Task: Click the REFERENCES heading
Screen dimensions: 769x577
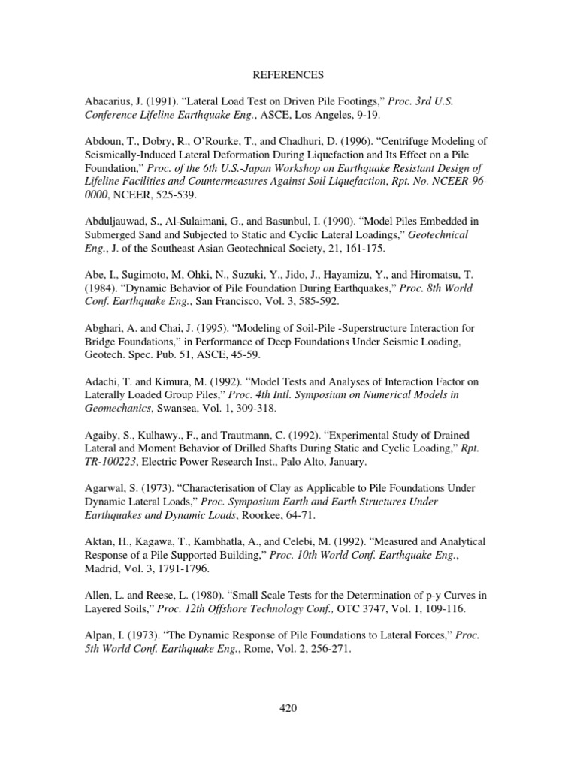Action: pos(288,75)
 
